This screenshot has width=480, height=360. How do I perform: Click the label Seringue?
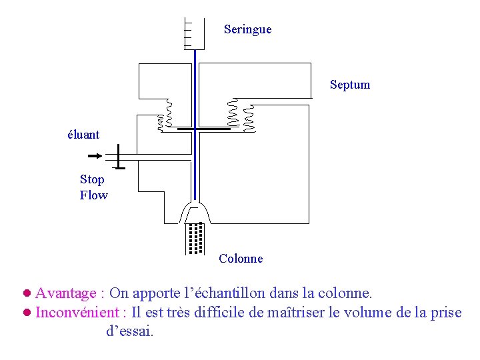tap(247, 29)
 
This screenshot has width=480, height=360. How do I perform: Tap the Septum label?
tap(349, 85)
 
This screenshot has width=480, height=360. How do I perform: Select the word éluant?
tap(83, 135)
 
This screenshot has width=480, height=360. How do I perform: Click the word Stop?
tap(92, 179)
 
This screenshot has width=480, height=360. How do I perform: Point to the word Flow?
tap(93, 195)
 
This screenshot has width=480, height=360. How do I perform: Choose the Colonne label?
tap(241, 259)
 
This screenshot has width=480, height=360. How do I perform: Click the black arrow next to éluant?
tap(95, 156)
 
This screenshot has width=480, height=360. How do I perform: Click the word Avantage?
tap(65, 293)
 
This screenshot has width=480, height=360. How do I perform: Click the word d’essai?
tap(129, 331)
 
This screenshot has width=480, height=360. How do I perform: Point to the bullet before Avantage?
tap(27, 293)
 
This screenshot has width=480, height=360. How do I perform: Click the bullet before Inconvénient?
tap(27, 312)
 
